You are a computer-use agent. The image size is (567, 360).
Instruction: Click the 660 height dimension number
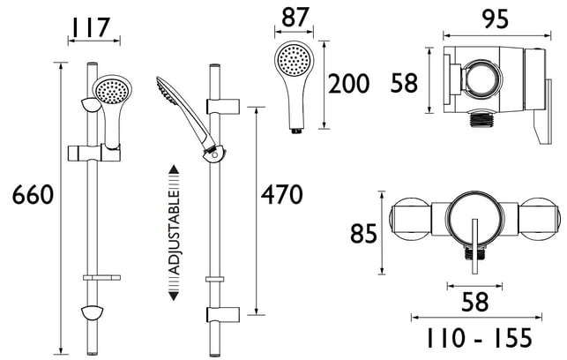coord(33,195)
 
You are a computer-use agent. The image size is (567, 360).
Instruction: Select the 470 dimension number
coord(281,195)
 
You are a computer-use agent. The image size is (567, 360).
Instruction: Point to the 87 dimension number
coord(295,18)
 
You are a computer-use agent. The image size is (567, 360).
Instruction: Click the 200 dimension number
coord(348,84)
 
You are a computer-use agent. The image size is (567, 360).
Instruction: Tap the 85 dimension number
coord(363,233)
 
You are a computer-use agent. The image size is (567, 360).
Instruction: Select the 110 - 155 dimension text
coord(479,338)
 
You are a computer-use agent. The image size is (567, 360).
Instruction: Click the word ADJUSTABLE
coord(175,233)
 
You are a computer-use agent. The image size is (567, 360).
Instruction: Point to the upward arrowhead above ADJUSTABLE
coord(175,169)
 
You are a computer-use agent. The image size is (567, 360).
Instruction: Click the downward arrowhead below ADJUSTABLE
coord(175,296)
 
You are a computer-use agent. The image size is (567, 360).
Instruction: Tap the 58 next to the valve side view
coord(404,83)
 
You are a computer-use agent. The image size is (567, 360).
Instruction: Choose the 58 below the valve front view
coord(474,302)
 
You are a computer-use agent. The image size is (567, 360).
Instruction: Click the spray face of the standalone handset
coord(294,60)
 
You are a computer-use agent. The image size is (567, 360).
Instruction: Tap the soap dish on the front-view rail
coord(101,278)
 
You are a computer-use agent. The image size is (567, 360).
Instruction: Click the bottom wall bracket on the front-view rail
coord(93,312)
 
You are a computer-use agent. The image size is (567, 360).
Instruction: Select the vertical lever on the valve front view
coord(474,246)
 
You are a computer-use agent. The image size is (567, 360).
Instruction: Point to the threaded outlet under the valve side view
coord(480,120)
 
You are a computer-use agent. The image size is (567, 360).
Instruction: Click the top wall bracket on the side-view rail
coord(223,105)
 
